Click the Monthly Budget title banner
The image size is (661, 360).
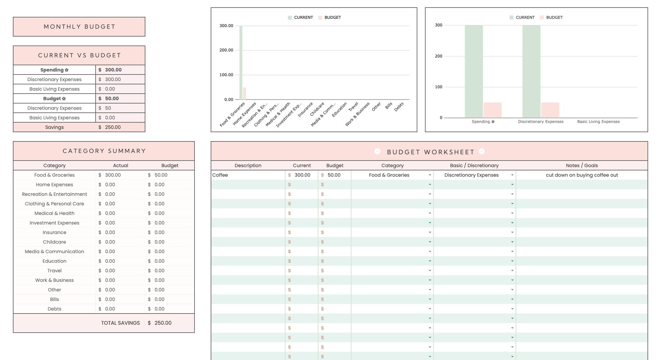tap(79, 27)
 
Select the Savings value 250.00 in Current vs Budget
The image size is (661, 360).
tap(113, 127)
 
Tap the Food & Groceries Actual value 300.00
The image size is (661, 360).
tap(113, 175)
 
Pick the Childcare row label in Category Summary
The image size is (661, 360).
tap(54, 242)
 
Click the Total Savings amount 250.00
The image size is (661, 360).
tap(163, 323)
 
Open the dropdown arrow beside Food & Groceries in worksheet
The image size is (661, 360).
tap(430, 175)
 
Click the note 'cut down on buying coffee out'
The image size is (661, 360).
tap(582, 175)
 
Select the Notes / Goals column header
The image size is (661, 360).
tap(582, 165)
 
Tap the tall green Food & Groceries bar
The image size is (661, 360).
tap(241, 63)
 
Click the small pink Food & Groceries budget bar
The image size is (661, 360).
tap(245, 94)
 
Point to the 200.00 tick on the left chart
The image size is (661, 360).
tap(226, 50)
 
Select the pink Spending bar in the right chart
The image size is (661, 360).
tap(492, 110)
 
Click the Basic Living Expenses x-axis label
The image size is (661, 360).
tap(598, 122)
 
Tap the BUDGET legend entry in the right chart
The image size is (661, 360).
tap(554, 17)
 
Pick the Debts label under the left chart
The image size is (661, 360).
tap(399, 107)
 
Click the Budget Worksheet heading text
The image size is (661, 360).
tap(430, 152)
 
